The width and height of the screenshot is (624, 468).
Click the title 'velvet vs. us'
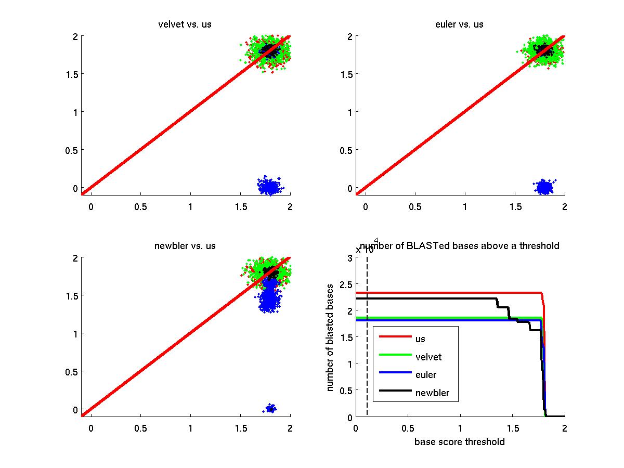pyautogui.click(x=185, y=24)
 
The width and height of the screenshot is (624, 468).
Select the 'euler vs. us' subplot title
pyautogui.click(x=459, y=24)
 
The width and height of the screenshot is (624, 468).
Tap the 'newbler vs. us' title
pyautogui.click(x=185, y=245)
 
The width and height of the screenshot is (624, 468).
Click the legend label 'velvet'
pyautogui.click(x=428, y=357)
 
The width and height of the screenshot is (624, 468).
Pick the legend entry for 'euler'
pyautogui.click(x=426, y=375)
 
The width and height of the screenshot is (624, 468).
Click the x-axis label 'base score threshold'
pyautogui.click(x=460, y=442)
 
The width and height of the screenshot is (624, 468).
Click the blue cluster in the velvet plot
pyautogui.click(x=269, y=186)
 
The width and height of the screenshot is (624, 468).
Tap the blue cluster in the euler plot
pyautogui.click(x=544, y=187)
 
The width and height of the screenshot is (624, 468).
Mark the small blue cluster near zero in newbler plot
pyautogui.click(x=270, y=408)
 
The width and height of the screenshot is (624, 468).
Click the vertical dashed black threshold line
pyautogui.click(x=367, y=338)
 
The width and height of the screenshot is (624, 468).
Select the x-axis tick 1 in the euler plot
pyautogui.click(x=465, y=206)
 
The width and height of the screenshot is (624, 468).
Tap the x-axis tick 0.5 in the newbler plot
pyautogui.click(x=140, y=428)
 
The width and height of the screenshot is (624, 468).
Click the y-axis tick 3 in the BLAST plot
pyautogui.click(x=349, y=257)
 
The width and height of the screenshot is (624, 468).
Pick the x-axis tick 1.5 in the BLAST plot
pyautogui.click(x=513, y=428)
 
